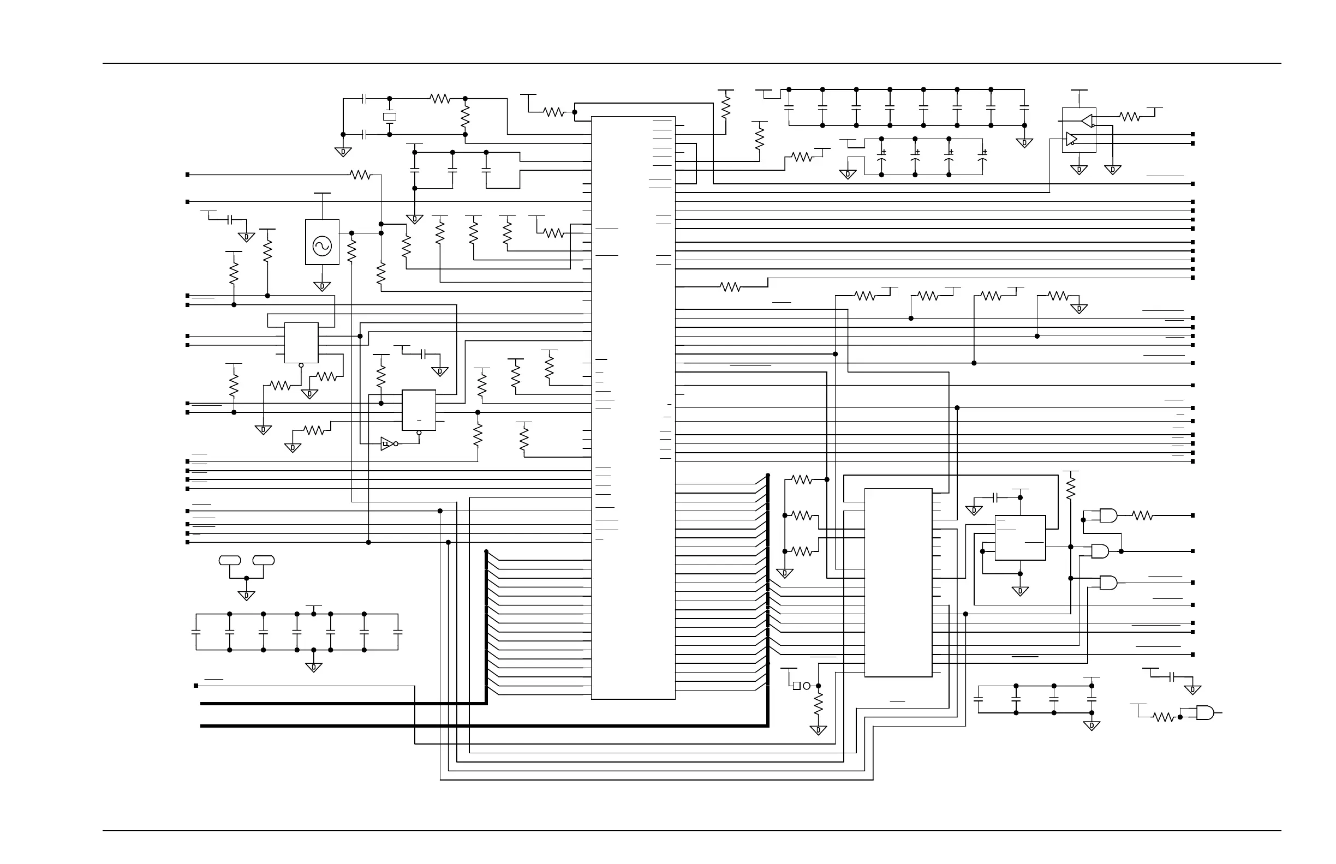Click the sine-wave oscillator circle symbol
pyautogui.click(x=322, y=246)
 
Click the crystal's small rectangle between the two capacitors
pyautogui.click(x=389, y=117)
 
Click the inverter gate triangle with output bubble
pyautogui.click(x=387, y=444)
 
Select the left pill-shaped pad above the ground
pyautogui.click(x=230, y=560)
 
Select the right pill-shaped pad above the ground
pyautogui.click(x=263, y=560)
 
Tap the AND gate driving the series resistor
pyautogui.click(x=1108, y=515)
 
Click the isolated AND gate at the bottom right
pyautogui.click(x=1204, y=713)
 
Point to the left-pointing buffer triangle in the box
pyautogui.click(x=1087, y=121)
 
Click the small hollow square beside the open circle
pyautogui.click(x=797, y=686)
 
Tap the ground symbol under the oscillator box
pyautogui.click(x=322, y=287)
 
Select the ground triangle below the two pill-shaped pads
pyautogui.click(x=247, y=596)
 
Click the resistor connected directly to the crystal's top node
pyautogui.click(x=440, y=99)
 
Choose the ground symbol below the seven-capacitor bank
pyautogui.click(x=314, y=668)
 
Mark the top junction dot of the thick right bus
pyautogui.click(x=768, y=475)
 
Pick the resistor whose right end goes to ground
pyautogui.click(x=1058, y=296)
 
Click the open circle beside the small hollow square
pyautogui.click(x=807, y=686)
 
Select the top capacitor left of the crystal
pyautogui.click(x=365, y=99)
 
